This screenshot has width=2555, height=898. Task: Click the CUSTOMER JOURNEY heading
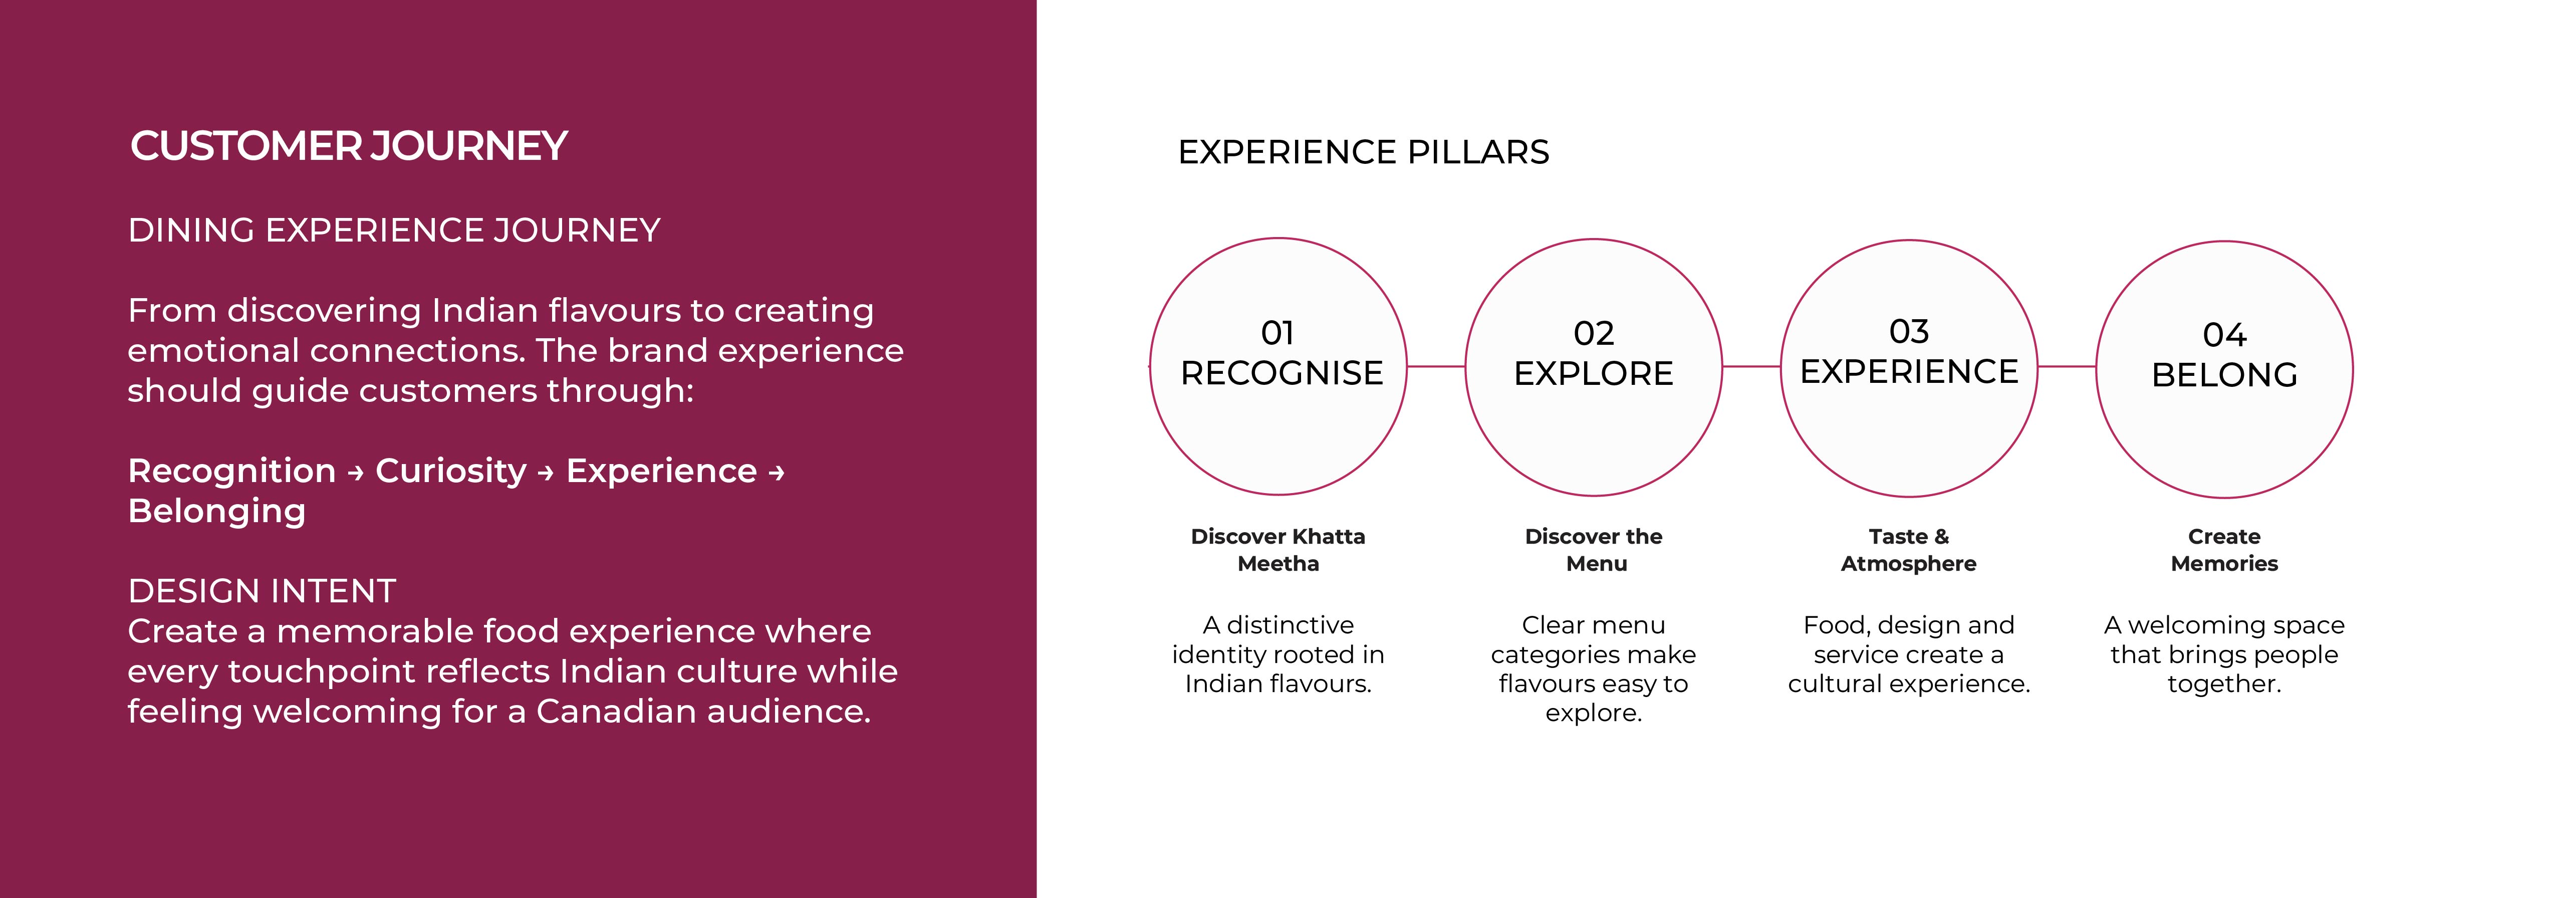[x=349, y=146]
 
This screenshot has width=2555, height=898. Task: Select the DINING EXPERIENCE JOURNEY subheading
[x=394, y=230]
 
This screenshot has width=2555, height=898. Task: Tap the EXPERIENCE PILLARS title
[x=1363, y=152]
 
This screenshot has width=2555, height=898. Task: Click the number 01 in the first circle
[x=1277, y=332]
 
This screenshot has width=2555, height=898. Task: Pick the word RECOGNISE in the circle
[x=1282, y=373]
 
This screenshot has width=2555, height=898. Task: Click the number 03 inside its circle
[x=1909, y=330]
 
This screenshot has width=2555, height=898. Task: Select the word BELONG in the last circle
[x=2225, y=375]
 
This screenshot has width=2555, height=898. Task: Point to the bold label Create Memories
[x=2225, y=550]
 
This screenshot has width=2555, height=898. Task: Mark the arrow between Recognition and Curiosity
[x=356, y=474]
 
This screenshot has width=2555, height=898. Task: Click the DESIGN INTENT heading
[x=262, y=591]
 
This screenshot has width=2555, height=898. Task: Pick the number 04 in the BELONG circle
[x=2225, y=334]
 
